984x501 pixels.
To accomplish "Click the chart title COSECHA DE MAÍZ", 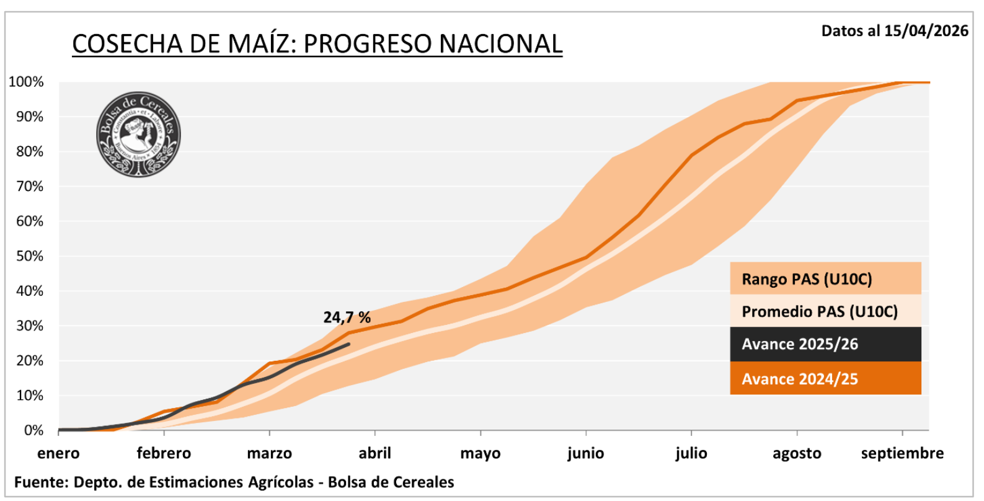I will pyautogui.click(x=317, y=43).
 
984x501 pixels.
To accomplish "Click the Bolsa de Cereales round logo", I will pyautogui.click(x=138, y=135).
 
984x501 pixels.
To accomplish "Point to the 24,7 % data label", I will pyautogui.click(x=347, y=317).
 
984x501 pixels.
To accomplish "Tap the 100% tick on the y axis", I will pyautogui.click(x=26, y=82).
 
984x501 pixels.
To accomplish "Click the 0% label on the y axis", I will pyautogui.click(x=33, y=430).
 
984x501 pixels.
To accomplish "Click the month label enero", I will pyautogui.click(x=58, y=453).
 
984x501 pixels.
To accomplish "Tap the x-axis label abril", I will pyautogui.click(x=375, y=453).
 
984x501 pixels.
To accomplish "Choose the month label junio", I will pyautogui.click(x=585, y=453).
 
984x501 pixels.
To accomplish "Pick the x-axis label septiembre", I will pyautogui.click(x=902, y=453).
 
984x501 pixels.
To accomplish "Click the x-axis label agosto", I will pyautogui.click(x=797, y=453).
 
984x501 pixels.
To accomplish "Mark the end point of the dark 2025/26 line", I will pyautogui.click(x=349, y=344).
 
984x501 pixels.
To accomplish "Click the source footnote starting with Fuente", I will pyautogui.click(x=234, y=482).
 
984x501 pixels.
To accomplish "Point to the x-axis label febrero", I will pyautogui.click(x=164, y=453).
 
